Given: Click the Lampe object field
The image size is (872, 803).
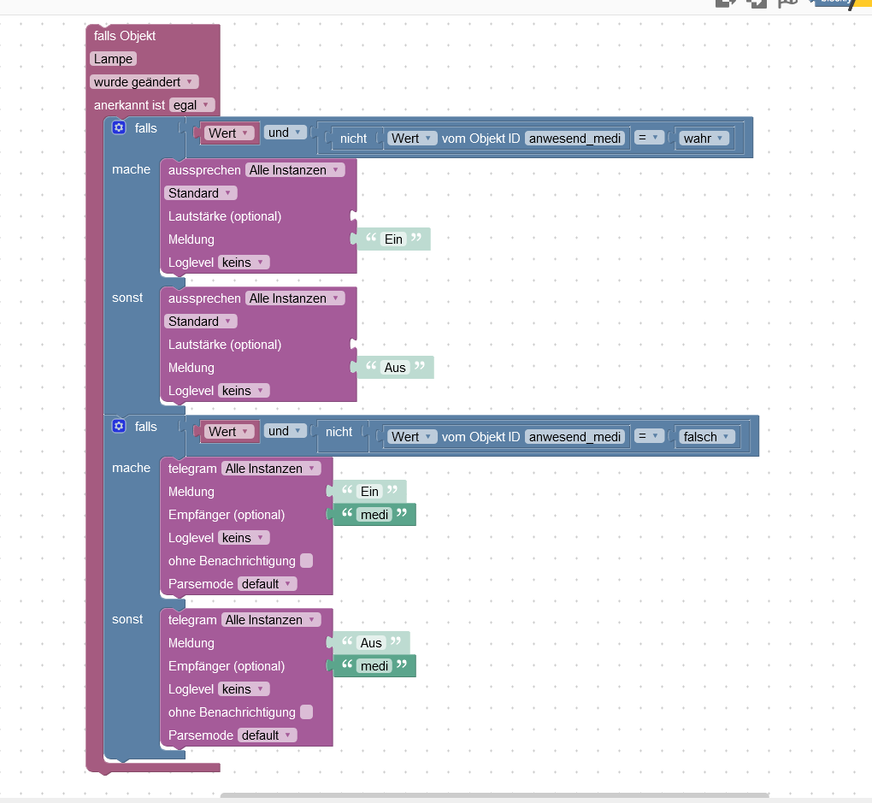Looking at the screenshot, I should (x=113, y=59).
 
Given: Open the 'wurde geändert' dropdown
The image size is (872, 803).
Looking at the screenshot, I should (x=144, y=82).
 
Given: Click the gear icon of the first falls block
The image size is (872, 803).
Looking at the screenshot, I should (x=119, y=127).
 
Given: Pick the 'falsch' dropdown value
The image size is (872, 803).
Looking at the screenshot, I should (x=706, y=436).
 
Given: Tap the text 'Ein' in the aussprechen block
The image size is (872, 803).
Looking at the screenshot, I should (x=393, y=239).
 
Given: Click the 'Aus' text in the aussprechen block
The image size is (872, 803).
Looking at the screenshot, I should (x=395, y=368).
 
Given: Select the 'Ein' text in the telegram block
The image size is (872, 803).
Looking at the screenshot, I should (x=369, y=492).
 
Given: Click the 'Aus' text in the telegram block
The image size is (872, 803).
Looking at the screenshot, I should (x=371, y=643).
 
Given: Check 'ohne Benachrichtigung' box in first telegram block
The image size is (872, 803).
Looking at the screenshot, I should (x=306, y=561).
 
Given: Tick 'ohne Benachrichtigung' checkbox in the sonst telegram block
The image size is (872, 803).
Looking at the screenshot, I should (x=306, y=712).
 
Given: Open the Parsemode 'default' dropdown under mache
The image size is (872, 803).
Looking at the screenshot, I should (x=267, y=584).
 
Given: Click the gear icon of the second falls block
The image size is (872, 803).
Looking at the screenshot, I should (x=119, y=426).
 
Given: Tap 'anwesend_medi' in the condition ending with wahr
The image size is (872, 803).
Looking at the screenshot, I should (x=574, y=138).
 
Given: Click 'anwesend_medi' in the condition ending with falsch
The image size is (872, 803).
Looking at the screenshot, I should (x=574, y=436).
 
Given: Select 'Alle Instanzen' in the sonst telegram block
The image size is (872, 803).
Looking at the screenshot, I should (x=270, y=620).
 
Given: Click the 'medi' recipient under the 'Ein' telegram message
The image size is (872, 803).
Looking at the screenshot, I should (x=374, y=515).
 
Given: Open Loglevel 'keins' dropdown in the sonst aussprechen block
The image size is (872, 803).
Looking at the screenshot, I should (x=244, y=391).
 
